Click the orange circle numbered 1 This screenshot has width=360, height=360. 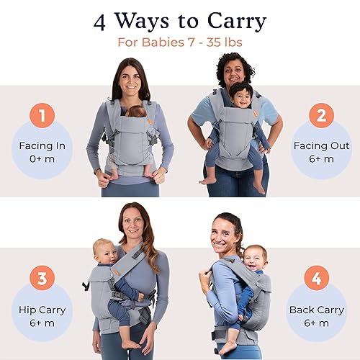coord(42,116)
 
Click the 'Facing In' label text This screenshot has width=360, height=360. coord(42,146)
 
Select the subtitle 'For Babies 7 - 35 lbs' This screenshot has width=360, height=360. coord(179,42)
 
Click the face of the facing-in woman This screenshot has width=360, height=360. coord(130,78)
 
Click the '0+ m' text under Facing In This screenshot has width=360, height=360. coord(42,159)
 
